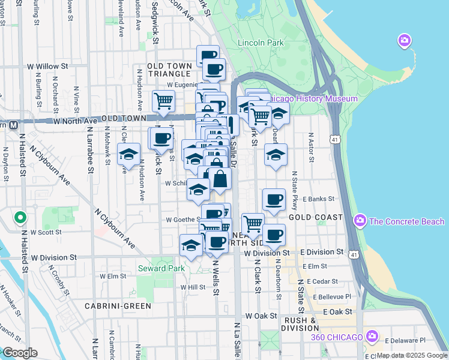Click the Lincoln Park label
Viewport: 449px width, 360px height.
pos(261,43)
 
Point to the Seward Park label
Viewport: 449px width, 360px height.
pos(161,268)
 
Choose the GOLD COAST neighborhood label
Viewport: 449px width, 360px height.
pos(316,217)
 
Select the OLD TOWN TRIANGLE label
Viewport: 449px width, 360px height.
pos(169,69)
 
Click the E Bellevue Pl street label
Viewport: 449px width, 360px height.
pos(329,296)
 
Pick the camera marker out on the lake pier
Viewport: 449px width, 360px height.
pos(404,41)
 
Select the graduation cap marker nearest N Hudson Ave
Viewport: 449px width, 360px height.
pos(128,154)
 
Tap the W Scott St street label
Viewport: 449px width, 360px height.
pos(46,232)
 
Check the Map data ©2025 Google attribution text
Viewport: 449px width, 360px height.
pos(411,355)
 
